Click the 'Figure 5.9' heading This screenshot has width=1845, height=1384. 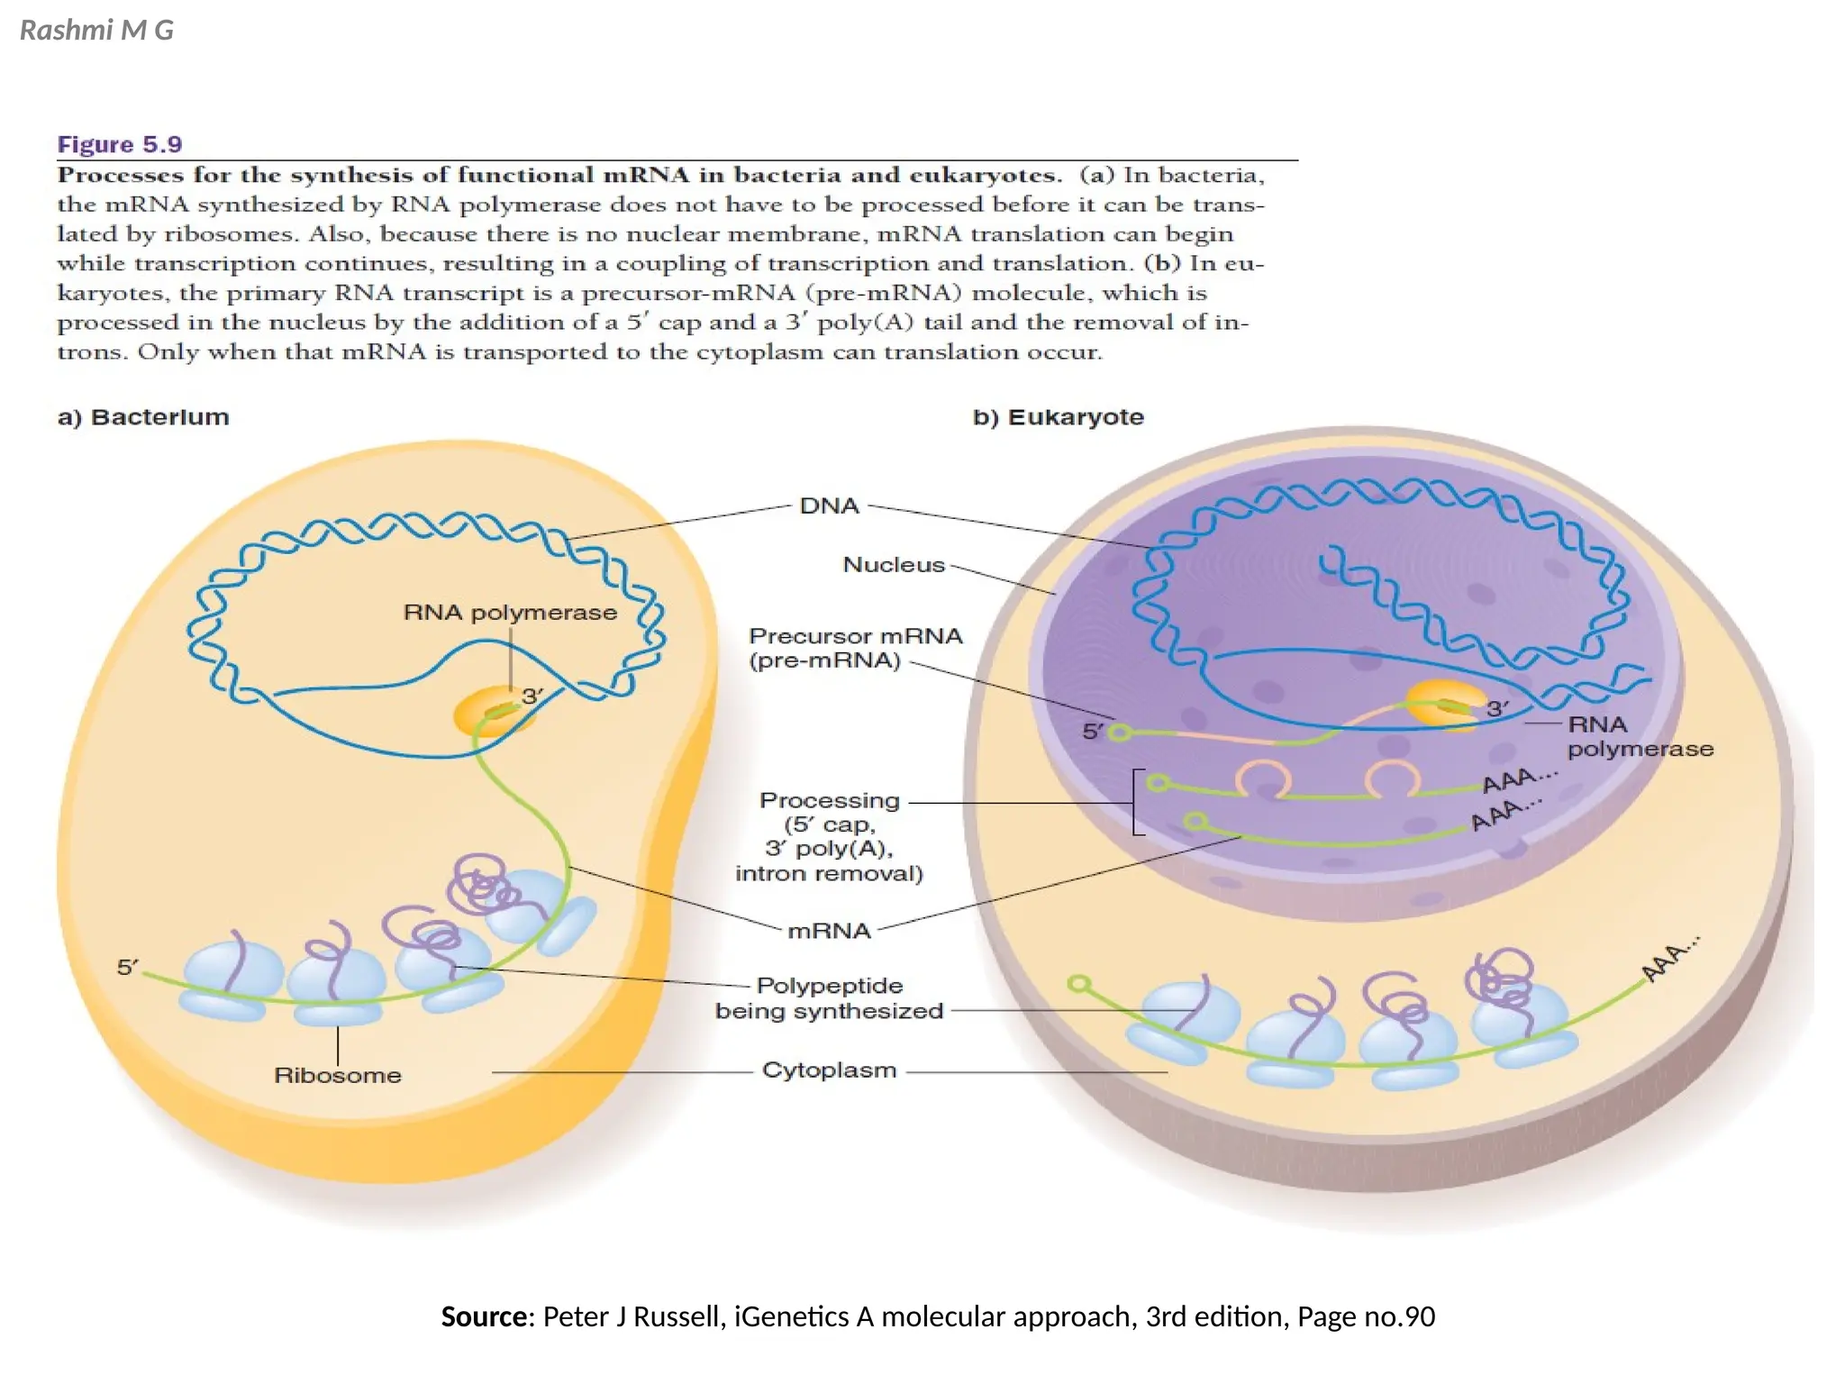pyautogui.click(x=120, y=144)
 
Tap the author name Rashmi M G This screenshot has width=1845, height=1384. pyautogui.click(x=96, y=31)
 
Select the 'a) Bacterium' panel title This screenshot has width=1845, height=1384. pyautogui.click(x=143, y=417)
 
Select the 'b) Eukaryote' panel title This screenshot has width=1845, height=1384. pyautogui.click(x=1058, y=417)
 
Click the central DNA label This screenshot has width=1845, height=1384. pyautogui.click(x=829, y=505)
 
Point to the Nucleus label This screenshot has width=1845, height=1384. pyautogui.click(x=893, y=565)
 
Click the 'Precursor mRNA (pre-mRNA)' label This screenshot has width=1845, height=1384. pyautogui.click(x=854, y=648)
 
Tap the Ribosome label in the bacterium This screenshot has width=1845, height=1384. pyautogui.click(x=338, y=1075)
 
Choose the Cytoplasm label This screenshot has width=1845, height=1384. pyautogui.click(x=829, y=1070)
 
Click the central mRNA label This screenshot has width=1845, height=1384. pyautogui.click(x=829, y=931)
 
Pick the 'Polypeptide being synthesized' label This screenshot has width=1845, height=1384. pyautogui.click(x=829, y=998)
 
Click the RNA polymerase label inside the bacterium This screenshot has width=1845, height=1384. pyautogui.click(x=510, y=613)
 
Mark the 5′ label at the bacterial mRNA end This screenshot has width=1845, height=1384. pyautogui.click(x=128, y=968)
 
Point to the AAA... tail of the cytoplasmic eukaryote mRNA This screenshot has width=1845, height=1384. pyautogui.click(x=1669, y=960)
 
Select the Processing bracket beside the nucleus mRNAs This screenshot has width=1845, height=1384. pyautogui.click(x=1137, y=802)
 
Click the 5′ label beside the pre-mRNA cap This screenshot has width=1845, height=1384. pyautogui.click(x=1092, y=732)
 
